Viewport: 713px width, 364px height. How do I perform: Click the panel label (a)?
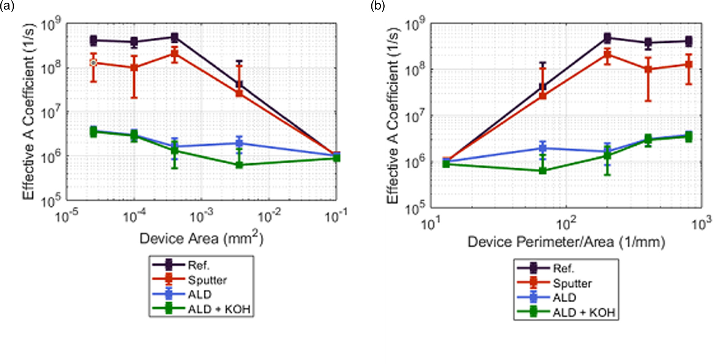tap(7, 6)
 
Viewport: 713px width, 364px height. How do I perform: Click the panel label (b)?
tap(378, 6)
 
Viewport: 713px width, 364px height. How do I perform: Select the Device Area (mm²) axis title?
tap(201, 239)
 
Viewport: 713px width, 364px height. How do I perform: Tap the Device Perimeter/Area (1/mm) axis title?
tap(566, 242)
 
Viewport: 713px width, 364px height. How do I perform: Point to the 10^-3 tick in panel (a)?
tap(202, 217)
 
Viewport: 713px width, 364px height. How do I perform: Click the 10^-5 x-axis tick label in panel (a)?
tap(67, 217)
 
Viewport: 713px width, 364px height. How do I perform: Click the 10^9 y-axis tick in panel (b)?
tap(415, 25)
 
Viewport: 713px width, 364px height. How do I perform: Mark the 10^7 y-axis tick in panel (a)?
tap(51, 113)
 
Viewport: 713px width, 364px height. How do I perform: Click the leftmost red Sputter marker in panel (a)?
tap(93, 63)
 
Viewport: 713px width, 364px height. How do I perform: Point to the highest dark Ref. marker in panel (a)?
tap(174, 37)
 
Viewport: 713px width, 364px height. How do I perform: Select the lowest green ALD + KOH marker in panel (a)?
tap(239, 165)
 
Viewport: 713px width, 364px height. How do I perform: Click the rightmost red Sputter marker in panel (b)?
tap(688, 64)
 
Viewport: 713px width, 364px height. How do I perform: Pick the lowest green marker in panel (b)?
tap(543, 171)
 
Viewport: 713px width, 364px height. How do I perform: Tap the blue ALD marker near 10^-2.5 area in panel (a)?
tap(239, 143)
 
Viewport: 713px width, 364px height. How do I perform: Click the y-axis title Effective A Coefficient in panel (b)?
tap(392, 116)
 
